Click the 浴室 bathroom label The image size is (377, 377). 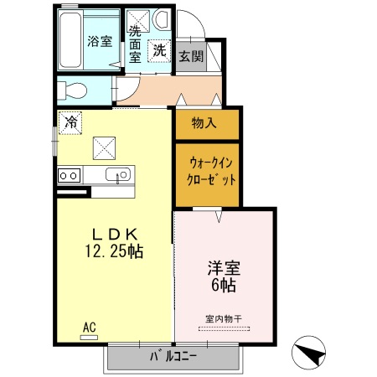click(101, 41)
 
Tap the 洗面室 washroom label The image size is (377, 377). click(134, 44)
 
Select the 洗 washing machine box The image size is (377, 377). click(159, 50)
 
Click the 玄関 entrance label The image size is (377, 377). click(190, 55)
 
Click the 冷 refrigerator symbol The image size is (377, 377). click(71, 122)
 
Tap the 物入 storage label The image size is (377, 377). click(204, 124)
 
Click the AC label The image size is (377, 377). click(89, 327)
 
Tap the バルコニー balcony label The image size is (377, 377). click(173, 357)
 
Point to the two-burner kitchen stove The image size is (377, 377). click(69, 176)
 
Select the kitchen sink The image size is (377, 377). click(118, 176)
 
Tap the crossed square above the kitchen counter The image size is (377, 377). click(103, 147)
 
